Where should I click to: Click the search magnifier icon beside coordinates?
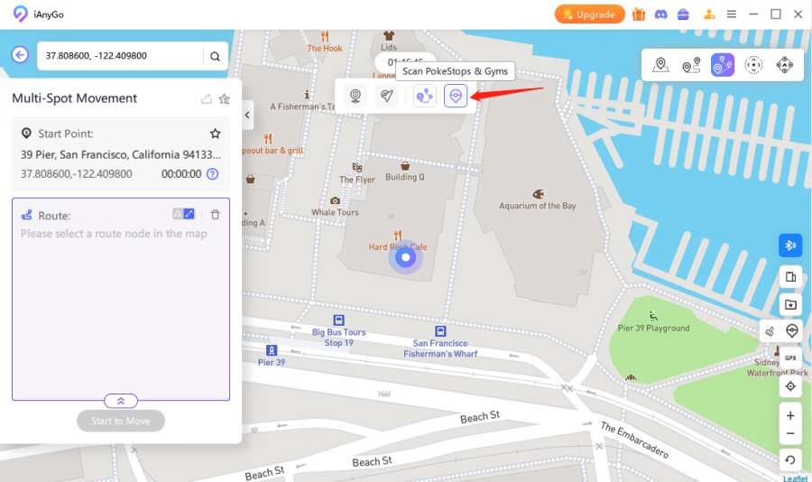215,56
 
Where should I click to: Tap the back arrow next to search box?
20,55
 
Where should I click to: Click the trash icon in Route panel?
215,214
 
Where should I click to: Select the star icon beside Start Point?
215,134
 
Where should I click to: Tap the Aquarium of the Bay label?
538,206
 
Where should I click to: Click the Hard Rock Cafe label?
398,246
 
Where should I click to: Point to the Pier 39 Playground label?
653,329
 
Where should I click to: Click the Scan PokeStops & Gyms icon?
456,95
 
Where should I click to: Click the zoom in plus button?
790,416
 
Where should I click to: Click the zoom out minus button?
790,434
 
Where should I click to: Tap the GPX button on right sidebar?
790,358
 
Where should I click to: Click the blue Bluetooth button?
790,246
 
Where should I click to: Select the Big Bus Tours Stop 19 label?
339,338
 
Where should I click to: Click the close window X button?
798,14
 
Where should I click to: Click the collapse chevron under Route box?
121,401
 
